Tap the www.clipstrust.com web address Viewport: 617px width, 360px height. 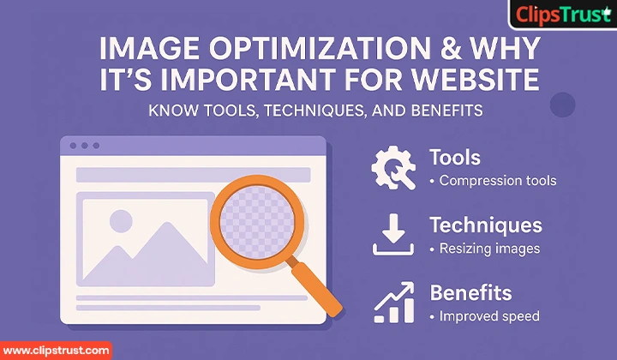point(57,350)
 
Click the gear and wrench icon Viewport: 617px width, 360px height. point(393,168)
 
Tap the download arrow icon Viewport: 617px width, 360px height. point(393,235)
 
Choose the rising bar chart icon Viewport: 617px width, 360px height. point(393,302)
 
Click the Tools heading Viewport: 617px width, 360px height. point(454,159)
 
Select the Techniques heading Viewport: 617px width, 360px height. point(485,225)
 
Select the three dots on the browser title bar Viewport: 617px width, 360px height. point(85,147)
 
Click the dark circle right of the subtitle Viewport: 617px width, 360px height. point(562,105)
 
